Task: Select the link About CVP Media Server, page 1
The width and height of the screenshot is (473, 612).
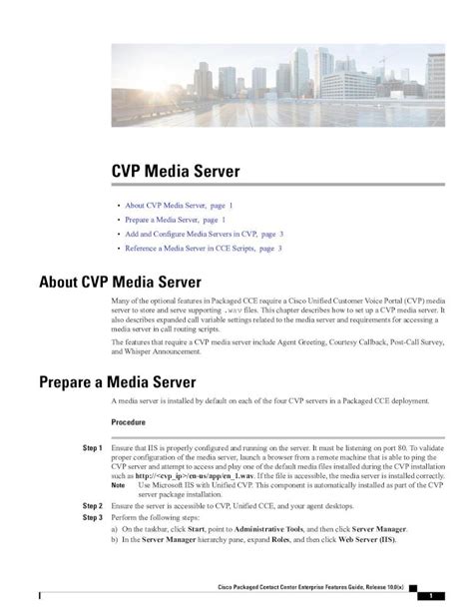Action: tap(177, 203)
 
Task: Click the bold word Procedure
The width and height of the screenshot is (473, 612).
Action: tap(132, 422)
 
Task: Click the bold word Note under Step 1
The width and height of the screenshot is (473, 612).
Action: tap(119, 484)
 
